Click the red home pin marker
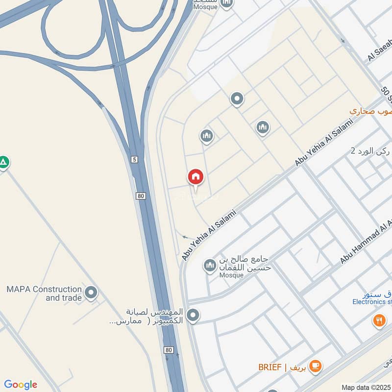click(x=196, y=177)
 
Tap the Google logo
click(x=21, y=385)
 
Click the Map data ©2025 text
click(x=366, y=387)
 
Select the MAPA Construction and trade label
click(x=44, y=293)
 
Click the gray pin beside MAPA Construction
click(x=91, y=293)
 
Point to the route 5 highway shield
click(x=134, y=159)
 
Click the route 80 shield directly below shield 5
click(x=141, y=196)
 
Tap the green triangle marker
click(x=3, y=162)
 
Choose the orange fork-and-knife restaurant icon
click(x=379, y=320)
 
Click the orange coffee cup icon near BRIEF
click(x=315, y=365)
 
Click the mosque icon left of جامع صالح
click(x=210, y=266)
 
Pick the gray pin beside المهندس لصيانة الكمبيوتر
click(x=193, y=316)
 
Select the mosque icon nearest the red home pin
click(x=207, y=136)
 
